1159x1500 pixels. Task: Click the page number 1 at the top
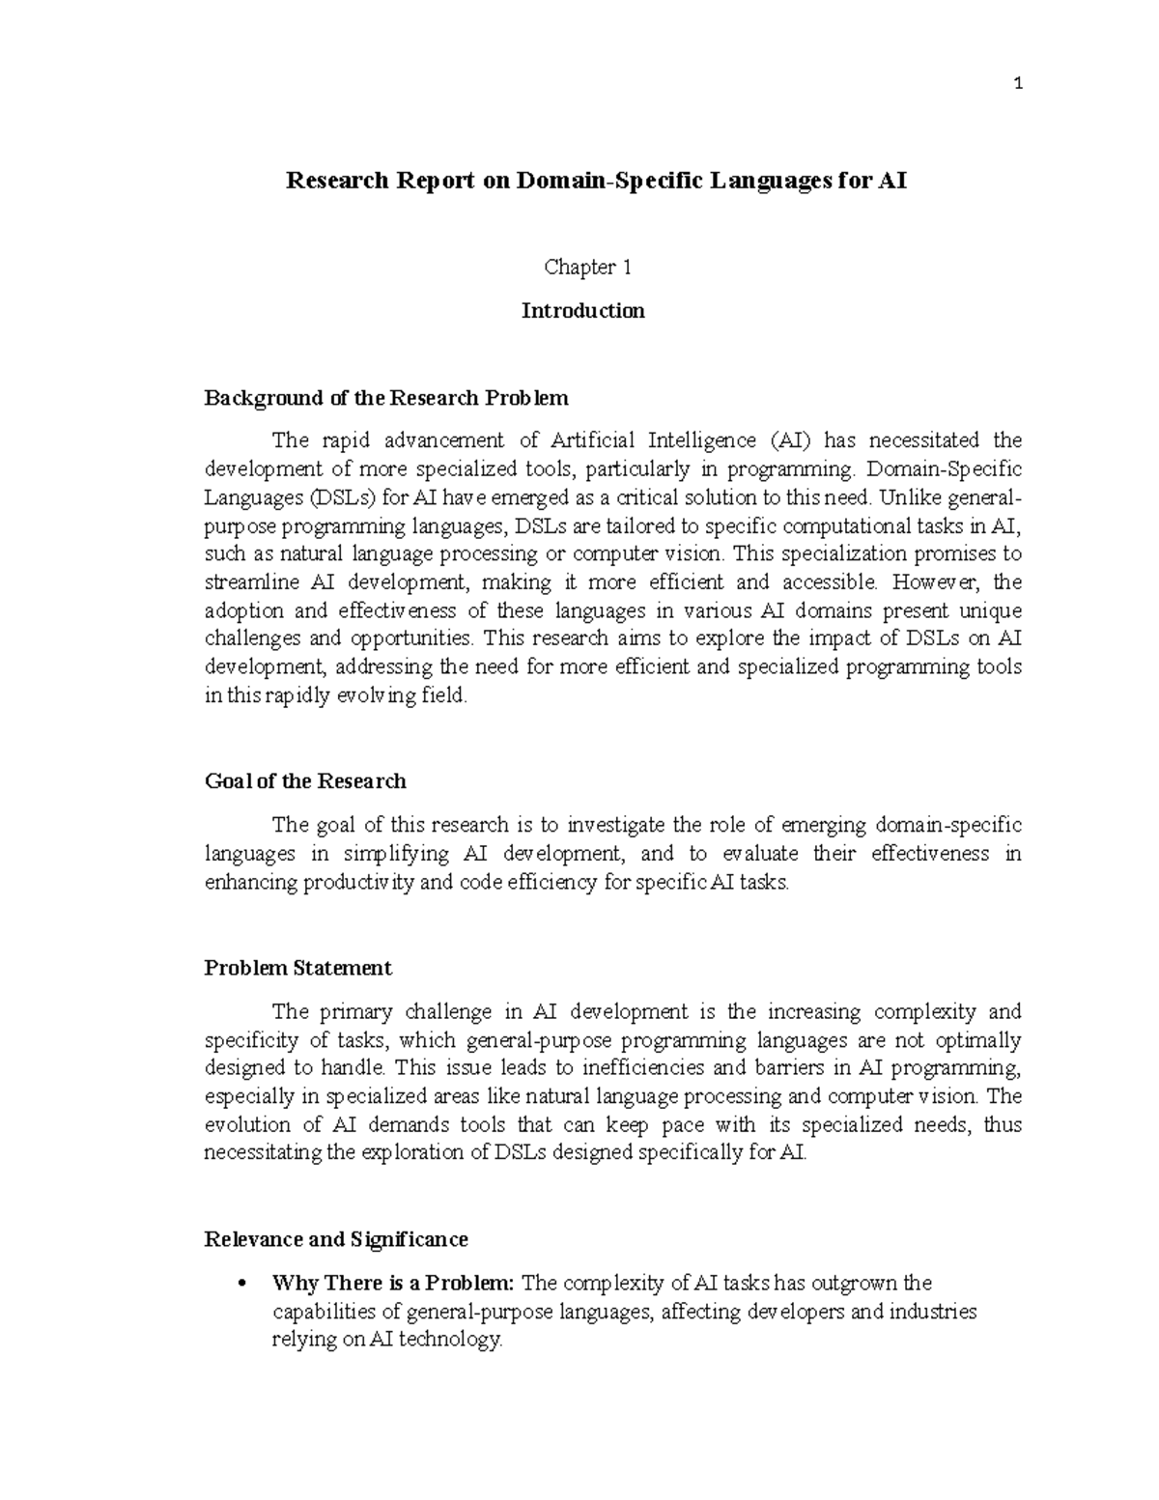pyautogui.click(x=1018, y=84)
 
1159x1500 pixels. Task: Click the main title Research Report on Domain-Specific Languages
pyautogui.click(x=596, y=181)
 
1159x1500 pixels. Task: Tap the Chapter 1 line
pyautogui.click(x=587, y=268)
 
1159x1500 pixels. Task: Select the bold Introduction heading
pyautogui.click(x=582, y=311)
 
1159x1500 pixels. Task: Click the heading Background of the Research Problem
pyautogui.click(x=386, y=398)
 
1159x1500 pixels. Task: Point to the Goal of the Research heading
pyautogui.click(x=305, y=780)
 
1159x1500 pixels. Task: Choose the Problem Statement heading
pyautogui.click(x=297, y=968)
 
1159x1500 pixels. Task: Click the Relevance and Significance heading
pyautogui.click(x=336, y=1239)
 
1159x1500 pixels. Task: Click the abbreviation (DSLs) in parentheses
pyautogui.click(x=341, y=497)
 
